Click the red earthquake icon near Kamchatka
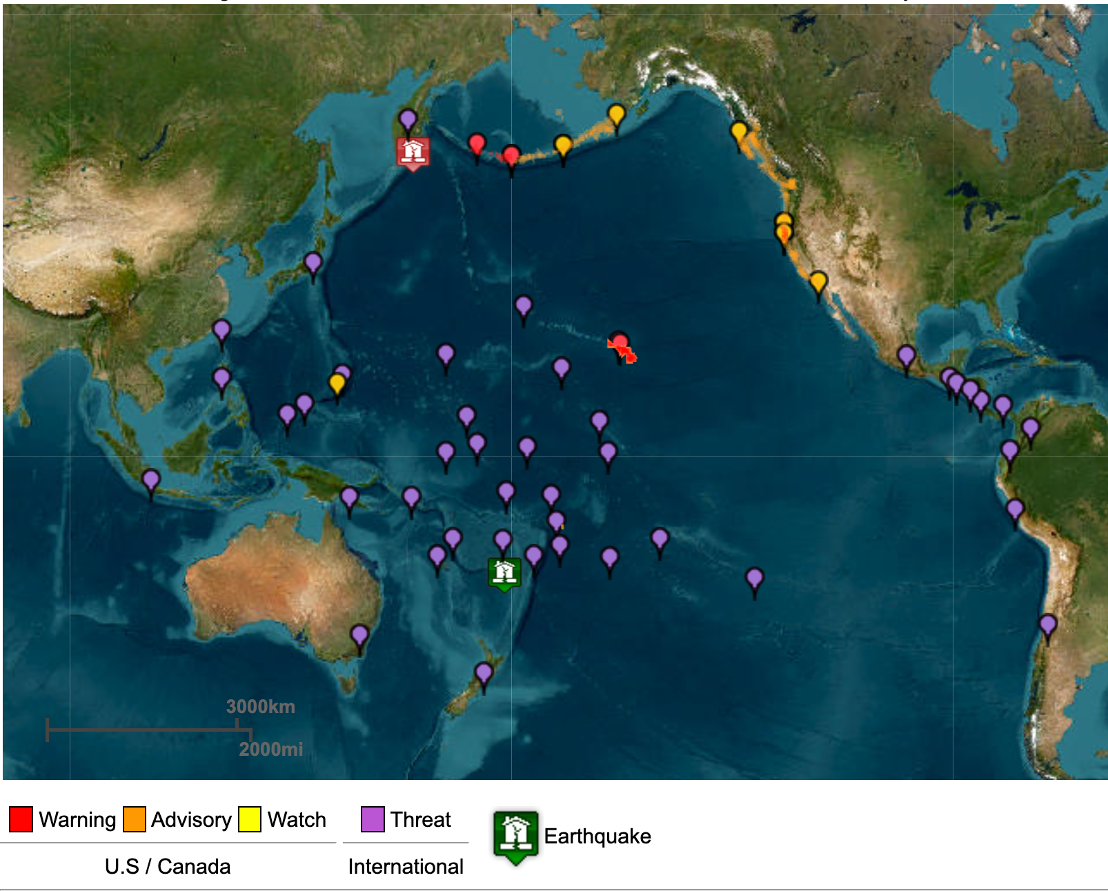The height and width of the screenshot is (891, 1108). [413, 152]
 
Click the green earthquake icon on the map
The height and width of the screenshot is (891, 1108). [504, 572]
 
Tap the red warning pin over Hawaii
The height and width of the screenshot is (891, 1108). [620, 343]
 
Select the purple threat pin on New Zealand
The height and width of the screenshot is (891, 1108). [484, 674]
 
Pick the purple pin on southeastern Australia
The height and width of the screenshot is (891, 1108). [359, 635]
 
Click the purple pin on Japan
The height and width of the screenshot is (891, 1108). [313, 263]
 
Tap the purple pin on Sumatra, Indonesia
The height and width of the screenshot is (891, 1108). [150, 480]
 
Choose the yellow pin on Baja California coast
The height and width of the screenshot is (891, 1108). [818, 283]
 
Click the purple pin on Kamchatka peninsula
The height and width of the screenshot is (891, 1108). [408, 120]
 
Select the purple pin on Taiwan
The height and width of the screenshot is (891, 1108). [221, 331]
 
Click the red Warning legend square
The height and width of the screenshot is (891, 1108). [21, 819]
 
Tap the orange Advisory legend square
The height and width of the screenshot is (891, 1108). [135, 819]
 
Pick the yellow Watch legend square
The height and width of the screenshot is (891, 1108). [250, 819]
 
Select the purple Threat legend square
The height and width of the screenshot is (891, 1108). [373, 819]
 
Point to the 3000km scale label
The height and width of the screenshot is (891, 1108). [261, 707]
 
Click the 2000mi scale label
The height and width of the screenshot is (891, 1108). [270, 749]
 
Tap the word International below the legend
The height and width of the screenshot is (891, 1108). [406, 866]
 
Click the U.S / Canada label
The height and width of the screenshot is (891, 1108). [168, 866]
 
